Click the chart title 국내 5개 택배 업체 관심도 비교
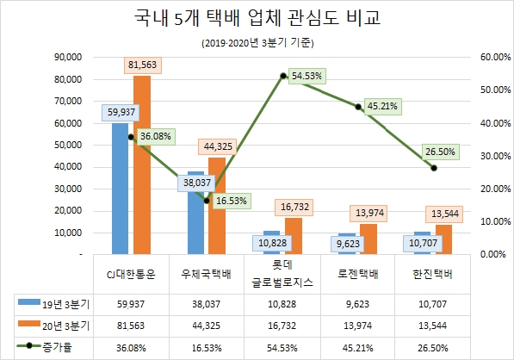[x=256, y=18]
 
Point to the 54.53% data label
[x=307, y=76]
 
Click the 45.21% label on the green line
[x=381, y=107]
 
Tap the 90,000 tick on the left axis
[x=66, y=57]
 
